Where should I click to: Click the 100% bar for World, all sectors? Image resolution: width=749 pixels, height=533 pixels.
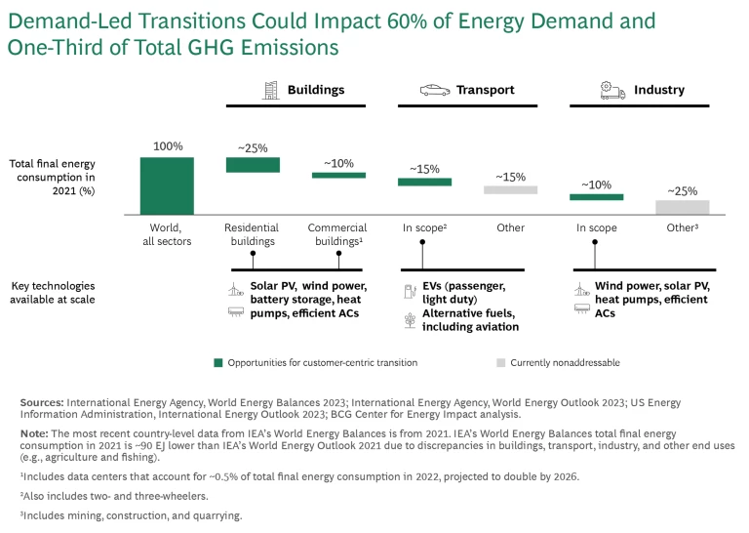coord(167,185)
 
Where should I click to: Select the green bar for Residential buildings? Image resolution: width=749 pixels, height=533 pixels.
coord(253,165)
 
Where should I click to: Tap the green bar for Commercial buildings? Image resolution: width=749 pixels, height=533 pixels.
coord(338,176)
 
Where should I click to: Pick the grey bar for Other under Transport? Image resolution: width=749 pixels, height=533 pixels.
coord(510,189)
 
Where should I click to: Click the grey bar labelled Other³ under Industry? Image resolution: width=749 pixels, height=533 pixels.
coord(682,206)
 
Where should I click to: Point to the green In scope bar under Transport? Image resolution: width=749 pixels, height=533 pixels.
coord(424,182)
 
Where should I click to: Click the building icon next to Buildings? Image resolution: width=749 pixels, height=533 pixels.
coord(271,91)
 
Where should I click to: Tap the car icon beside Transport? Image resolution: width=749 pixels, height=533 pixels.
coord(435,91)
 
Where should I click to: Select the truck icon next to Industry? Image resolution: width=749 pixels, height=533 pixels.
coord(612,91)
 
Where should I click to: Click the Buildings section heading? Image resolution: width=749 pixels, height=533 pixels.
coord(316,90)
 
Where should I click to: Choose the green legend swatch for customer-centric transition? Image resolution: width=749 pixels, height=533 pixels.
coord(218,363)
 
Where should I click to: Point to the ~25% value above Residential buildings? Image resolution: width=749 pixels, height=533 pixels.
coord(253,148)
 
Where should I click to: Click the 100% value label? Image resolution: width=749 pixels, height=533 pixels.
coord(167,146)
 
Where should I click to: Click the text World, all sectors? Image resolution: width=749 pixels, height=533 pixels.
coord(167,234)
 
